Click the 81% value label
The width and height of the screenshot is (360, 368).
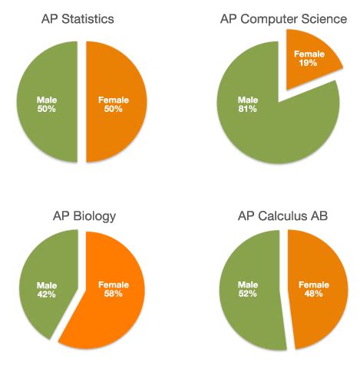(247, 110)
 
